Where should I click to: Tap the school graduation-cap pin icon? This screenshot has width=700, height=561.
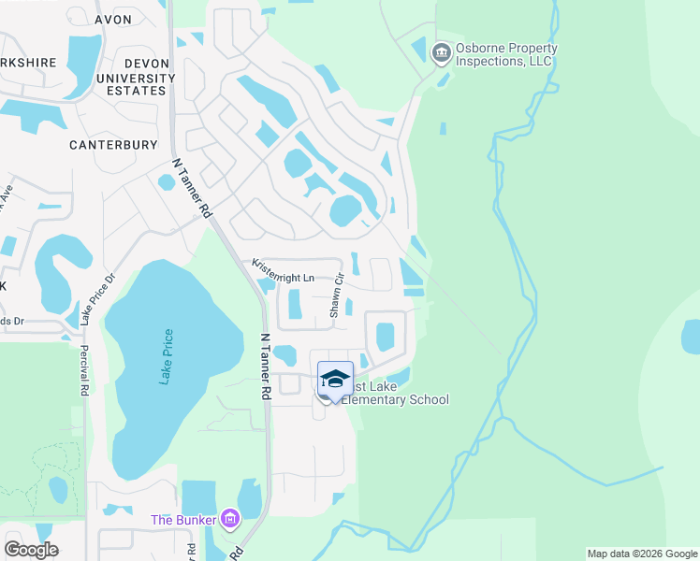(x=335, y=380)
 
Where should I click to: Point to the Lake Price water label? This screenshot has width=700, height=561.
(x=167, y=357)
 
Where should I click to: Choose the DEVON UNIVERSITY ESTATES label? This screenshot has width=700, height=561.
(x=126, y=76)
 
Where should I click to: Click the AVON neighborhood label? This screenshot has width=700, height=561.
(x=113, y=19)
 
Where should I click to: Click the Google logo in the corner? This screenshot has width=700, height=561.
(x=31, y=550)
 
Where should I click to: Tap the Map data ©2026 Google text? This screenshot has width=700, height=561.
(x=641, y=554)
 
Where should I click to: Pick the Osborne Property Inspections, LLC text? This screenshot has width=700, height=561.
(x=506, y=54)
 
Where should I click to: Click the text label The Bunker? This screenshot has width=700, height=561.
(x=184, y=520)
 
